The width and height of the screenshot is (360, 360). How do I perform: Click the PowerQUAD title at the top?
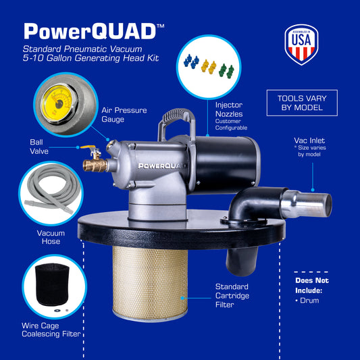tap(94, 31)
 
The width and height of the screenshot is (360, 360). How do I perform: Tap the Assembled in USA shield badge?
tap(301, 45)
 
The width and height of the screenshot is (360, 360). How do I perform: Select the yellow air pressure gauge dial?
tap(57, 103)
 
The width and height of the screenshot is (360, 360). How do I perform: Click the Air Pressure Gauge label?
tap(124, 115)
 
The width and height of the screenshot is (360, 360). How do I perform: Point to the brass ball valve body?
tap(95, 165)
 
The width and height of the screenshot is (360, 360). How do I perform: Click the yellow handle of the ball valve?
tap(88, 147)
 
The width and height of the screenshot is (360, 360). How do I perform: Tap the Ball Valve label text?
tap(39, 147)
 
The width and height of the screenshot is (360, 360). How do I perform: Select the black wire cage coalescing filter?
tap(52, 284)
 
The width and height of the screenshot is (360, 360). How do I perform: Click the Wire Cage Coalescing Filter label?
tap(51, 330)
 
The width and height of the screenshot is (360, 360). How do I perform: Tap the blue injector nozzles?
tap(191, 61)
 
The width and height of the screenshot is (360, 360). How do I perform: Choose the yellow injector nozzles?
tap(209, 67)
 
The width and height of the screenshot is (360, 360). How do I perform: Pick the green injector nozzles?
tap(226, 71)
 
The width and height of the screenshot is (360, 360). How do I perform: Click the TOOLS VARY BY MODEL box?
tap(302, 103)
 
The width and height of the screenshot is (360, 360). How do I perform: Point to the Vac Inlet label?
tap(309, 147)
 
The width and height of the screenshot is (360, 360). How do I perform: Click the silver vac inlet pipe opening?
tap(328, 205)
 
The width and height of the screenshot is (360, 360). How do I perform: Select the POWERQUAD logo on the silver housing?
tap(161, 165)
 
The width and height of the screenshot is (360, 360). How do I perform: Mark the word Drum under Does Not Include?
tap(309, 301)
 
